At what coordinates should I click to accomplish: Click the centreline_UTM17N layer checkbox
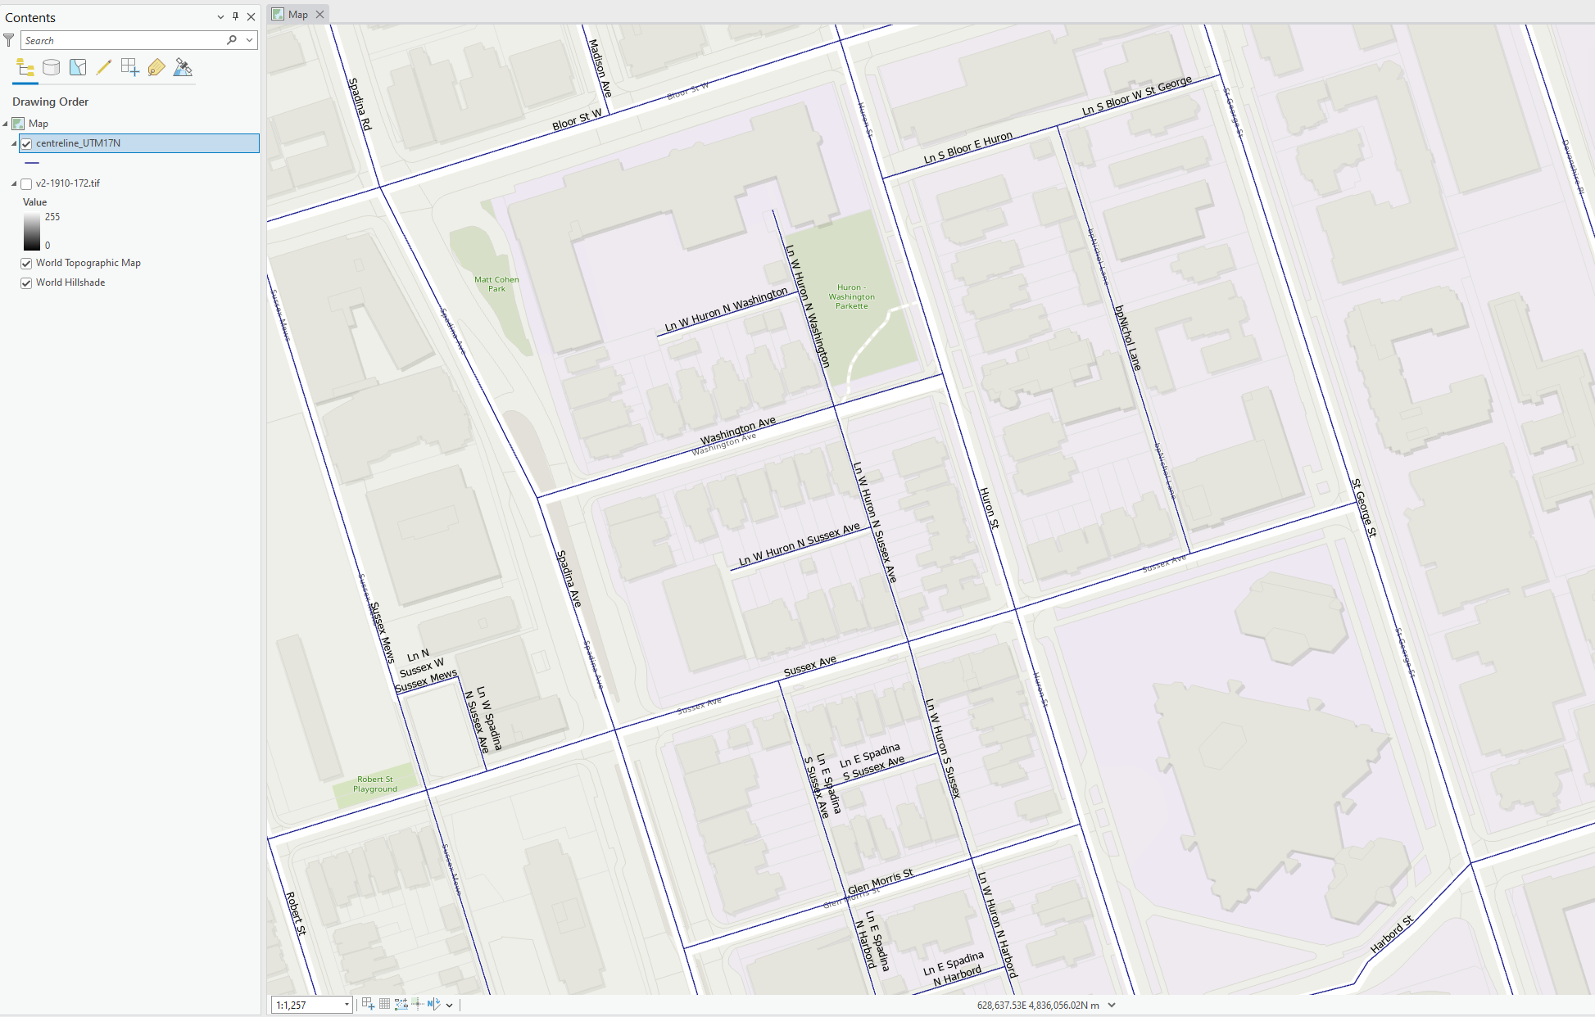tap(26, 143)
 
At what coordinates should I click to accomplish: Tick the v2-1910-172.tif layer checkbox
tap(26, 184)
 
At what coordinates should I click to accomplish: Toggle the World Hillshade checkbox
tap(26, 283)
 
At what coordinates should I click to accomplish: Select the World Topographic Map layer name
tap(88, 263)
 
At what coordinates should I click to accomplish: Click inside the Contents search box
tap(123, 40)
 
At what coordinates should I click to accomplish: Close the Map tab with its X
tap(320, 14)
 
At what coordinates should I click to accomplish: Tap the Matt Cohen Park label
tap(496, 284)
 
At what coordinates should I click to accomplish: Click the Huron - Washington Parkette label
tap(851, 296)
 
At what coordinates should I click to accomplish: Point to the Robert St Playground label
tap(375, 784)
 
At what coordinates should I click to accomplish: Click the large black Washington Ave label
tap(737, 430)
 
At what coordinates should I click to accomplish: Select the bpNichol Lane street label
tap(1127, 337)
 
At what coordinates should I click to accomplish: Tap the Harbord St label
tap(1392, 934)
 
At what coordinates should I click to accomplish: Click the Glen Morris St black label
tap(881, 882)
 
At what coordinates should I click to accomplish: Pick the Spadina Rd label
tap(360, 103)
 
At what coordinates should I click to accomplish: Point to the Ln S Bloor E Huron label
tap(967, 147)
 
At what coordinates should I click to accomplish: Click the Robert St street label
tap(296, 914)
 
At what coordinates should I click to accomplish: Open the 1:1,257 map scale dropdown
tap(347, 1005)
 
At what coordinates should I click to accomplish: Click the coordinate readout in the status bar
tap(1038, 1005)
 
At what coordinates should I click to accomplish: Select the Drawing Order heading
tap(51, 102)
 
